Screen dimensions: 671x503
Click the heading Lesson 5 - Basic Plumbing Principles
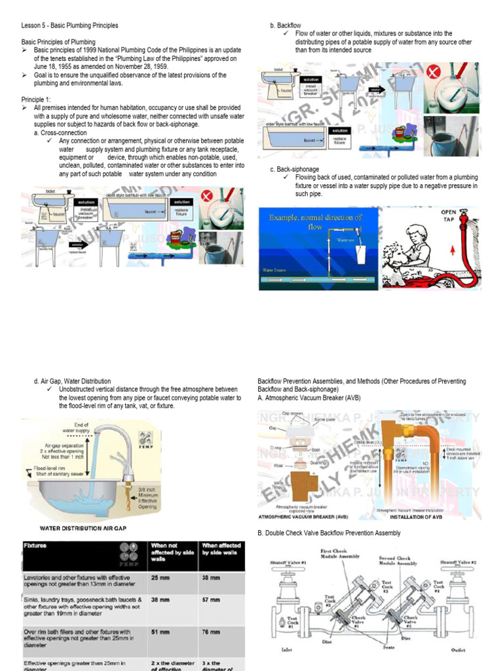click(x=70, y=26)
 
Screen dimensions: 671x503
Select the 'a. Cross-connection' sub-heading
click(x=60, y=133)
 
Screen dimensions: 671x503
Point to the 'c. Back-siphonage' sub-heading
click(x=295, y=170)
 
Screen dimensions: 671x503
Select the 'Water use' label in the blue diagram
click(x=346, y=240)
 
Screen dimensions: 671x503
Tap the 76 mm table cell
click(x=211, y=632)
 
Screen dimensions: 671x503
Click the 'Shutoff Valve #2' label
click(x=457, y=562)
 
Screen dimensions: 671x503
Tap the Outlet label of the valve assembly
click(x=458, y=650)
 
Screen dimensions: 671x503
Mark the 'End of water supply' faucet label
click(x=75, y=427)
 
